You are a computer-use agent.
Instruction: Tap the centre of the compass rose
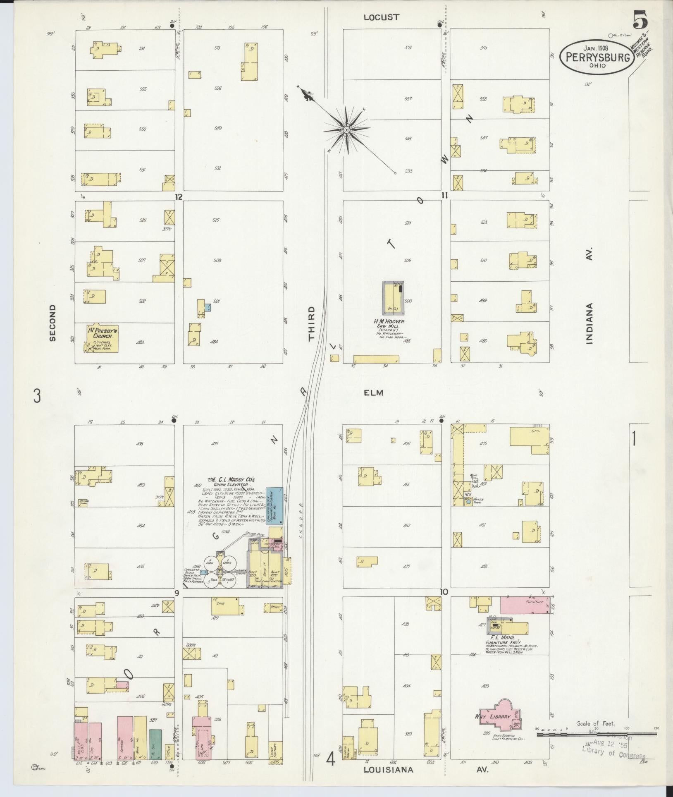[x=346, y=130]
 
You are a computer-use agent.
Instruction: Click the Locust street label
[x=382, y=17]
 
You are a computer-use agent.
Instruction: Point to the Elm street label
[x=374, y=393]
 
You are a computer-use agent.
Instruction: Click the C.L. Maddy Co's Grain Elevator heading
[x=232, y=481]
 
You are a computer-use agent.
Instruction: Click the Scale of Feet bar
[x=596, y=735]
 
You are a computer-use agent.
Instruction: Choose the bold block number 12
[x=179, y=197]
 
